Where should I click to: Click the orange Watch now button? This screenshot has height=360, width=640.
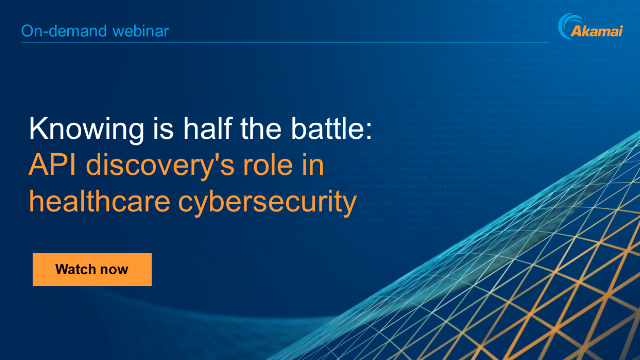tap(92, 269)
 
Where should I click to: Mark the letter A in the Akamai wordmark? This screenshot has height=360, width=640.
tap(577, 32)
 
